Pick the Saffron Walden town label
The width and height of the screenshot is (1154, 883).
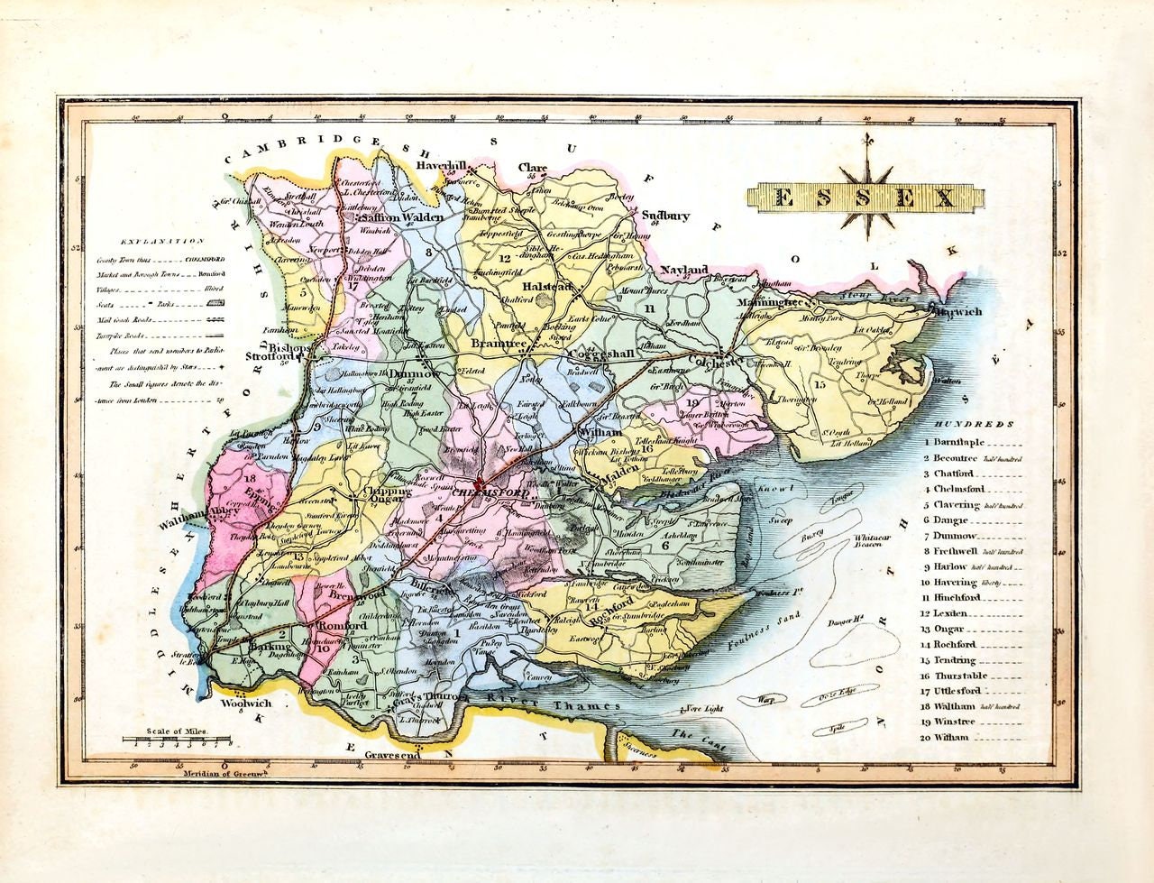(x=402, y=218)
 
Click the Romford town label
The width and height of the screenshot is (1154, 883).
(x=334, y=624)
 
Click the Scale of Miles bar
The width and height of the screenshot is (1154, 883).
(x=179, y=743)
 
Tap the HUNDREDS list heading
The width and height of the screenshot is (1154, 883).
(x=974, y=424)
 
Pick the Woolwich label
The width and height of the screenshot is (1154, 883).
(x=245, y=703)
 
